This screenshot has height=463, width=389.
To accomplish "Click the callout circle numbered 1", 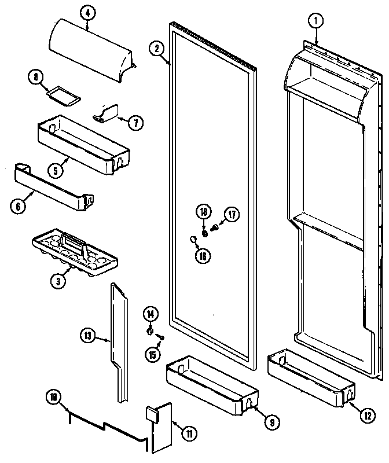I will pyautogui.click(x=315, y=22).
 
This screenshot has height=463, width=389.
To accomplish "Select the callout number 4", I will pyautogui.click(x=87, y=10).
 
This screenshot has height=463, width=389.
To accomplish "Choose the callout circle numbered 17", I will pyautogui.click(x=232, y=215).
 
